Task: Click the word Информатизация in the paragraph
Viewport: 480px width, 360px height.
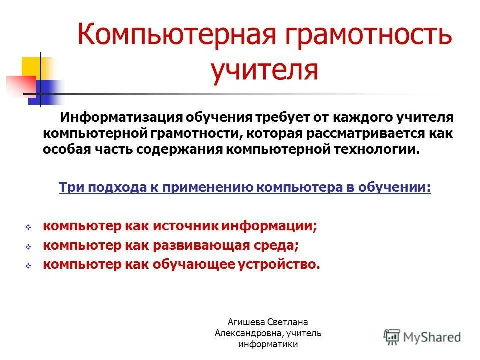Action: click(x=121, y=118)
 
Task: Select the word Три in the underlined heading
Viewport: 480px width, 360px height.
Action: click(x=69, y=187)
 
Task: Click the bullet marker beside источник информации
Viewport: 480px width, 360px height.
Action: click(x=28, y=227)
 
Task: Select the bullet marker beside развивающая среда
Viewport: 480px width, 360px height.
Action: click(x=28, y=247)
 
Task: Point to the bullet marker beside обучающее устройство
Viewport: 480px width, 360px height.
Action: click(x=28, y=266)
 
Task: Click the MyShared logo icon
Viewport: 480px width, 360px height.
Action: click(x=392, y=336)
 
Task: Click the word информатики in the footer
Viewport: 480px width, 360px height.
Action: click(x=268, y=344)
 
